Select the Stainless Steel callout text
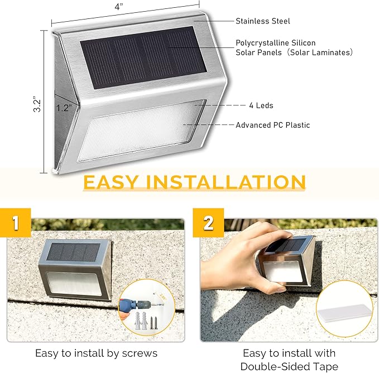tap(262, 21)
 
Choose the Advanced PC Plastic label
tap(272, 125)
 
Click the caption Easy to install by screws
tap(96, 353)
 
